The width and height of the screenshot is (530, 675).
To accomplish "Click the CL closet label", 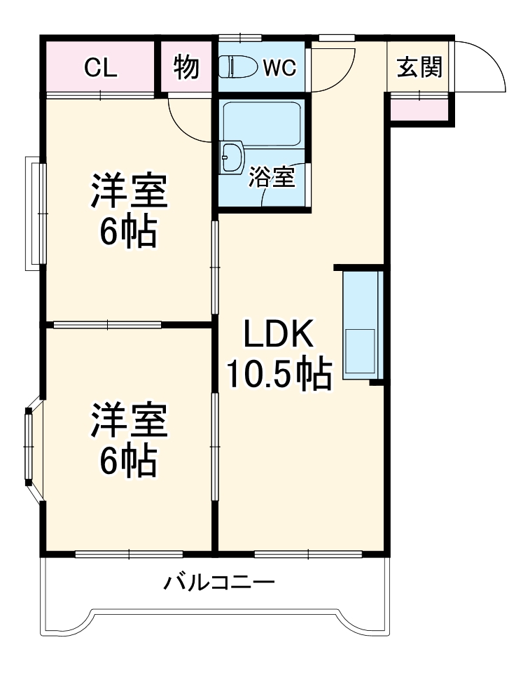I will (x=101, y=68).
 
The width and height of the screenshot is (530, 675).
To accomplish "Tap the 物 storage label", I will (x=186, y=68).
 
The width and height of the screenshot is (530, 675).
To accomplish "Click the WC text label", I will (x=280, y=68).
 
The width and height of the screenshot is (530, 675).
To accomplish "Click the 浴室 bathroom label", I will (x=272, y=177).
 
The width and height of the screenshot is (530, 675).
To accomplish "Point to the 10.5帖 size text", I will (x=277, y=375).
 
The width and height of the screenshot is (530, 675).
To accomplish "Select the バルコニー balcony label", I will (x=219, y=582).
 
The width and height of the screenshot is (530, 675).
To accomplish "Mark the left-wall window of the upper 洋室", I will (x=35, y=213).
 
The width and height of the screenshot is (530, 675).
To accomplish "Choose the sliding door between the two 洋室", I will (x=108, y=324).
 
